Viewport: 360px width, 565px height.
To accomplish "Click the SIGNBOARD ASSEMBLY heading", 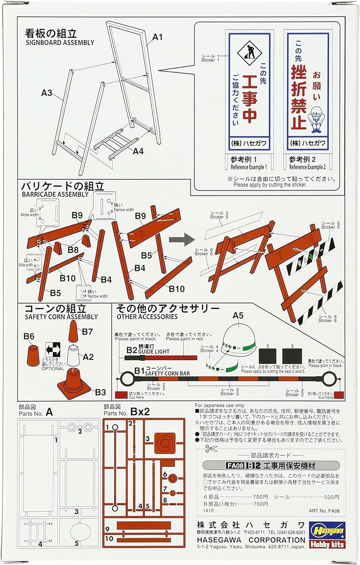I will click(60, 42).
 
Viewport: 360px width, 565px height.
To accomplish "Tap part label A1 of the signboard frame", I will click(157, 37).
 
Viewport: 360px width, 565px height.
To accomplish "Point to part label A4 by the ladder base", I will click(138, 151).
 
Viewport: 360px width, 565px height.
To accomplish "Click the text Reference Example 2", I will click(307, 167).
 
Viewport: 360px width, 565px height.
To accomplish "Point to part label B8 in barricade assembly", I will click(73, 249).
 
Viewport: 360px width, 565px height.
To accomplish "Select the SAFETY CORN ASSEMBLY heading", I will click(61, 317).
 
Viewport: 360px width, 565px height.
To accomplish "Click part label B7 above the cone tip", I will click(87, 331).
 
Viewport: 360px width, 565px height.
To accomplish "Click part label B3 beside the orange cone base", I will click(101, 392).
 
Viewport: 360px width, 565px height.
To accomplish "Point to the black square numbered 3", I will click(292, 356).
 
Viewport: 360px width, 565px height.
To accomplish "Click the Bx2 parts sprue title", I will click(140, 411).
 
